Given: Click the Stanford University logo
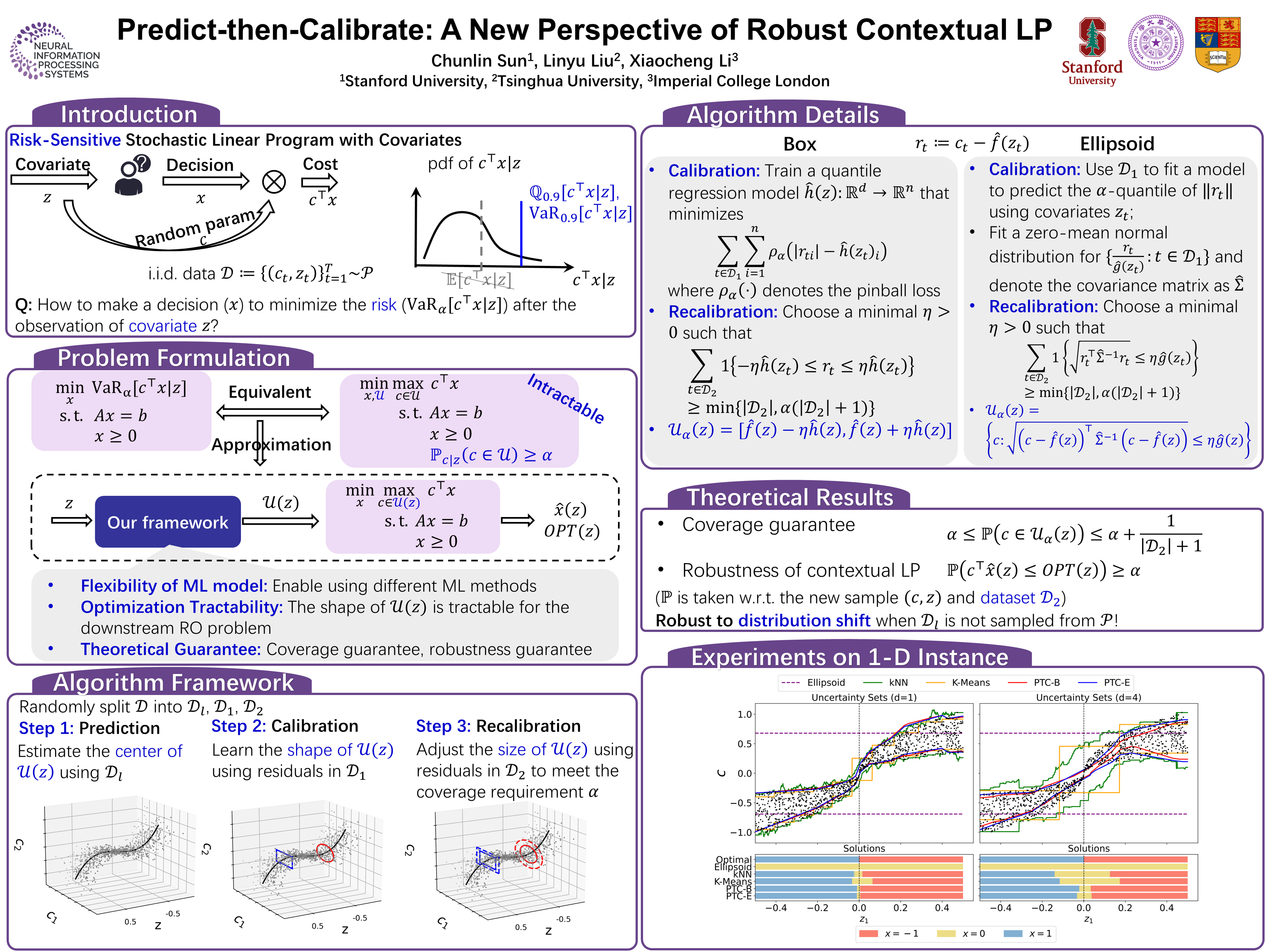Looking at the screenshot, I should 1092,52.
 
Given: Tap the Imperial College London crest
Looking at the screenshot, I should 1218,44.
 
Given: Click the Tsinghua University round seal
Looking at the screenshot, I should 1155,43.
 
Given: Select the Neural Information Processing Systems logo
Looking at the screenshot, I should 55,52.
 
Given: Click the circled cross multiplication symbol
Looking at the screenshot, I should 274,182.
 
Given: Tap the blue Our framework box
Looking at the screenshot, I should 168,522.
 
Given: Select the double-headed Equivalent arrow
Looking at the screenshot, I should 273,412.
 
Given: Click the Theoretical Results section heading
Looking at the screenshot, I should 789,497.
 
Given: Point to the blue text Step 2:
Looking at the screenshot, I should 238,726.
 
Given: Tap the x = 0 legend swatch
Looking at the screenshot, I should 945,933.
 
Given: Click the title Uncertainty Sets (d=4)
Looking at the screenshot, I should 1088,697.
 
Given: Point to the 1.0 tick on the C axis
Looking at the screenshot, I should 744,714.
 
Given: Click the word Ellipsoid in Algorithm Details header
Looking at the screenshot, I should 1116,143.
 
